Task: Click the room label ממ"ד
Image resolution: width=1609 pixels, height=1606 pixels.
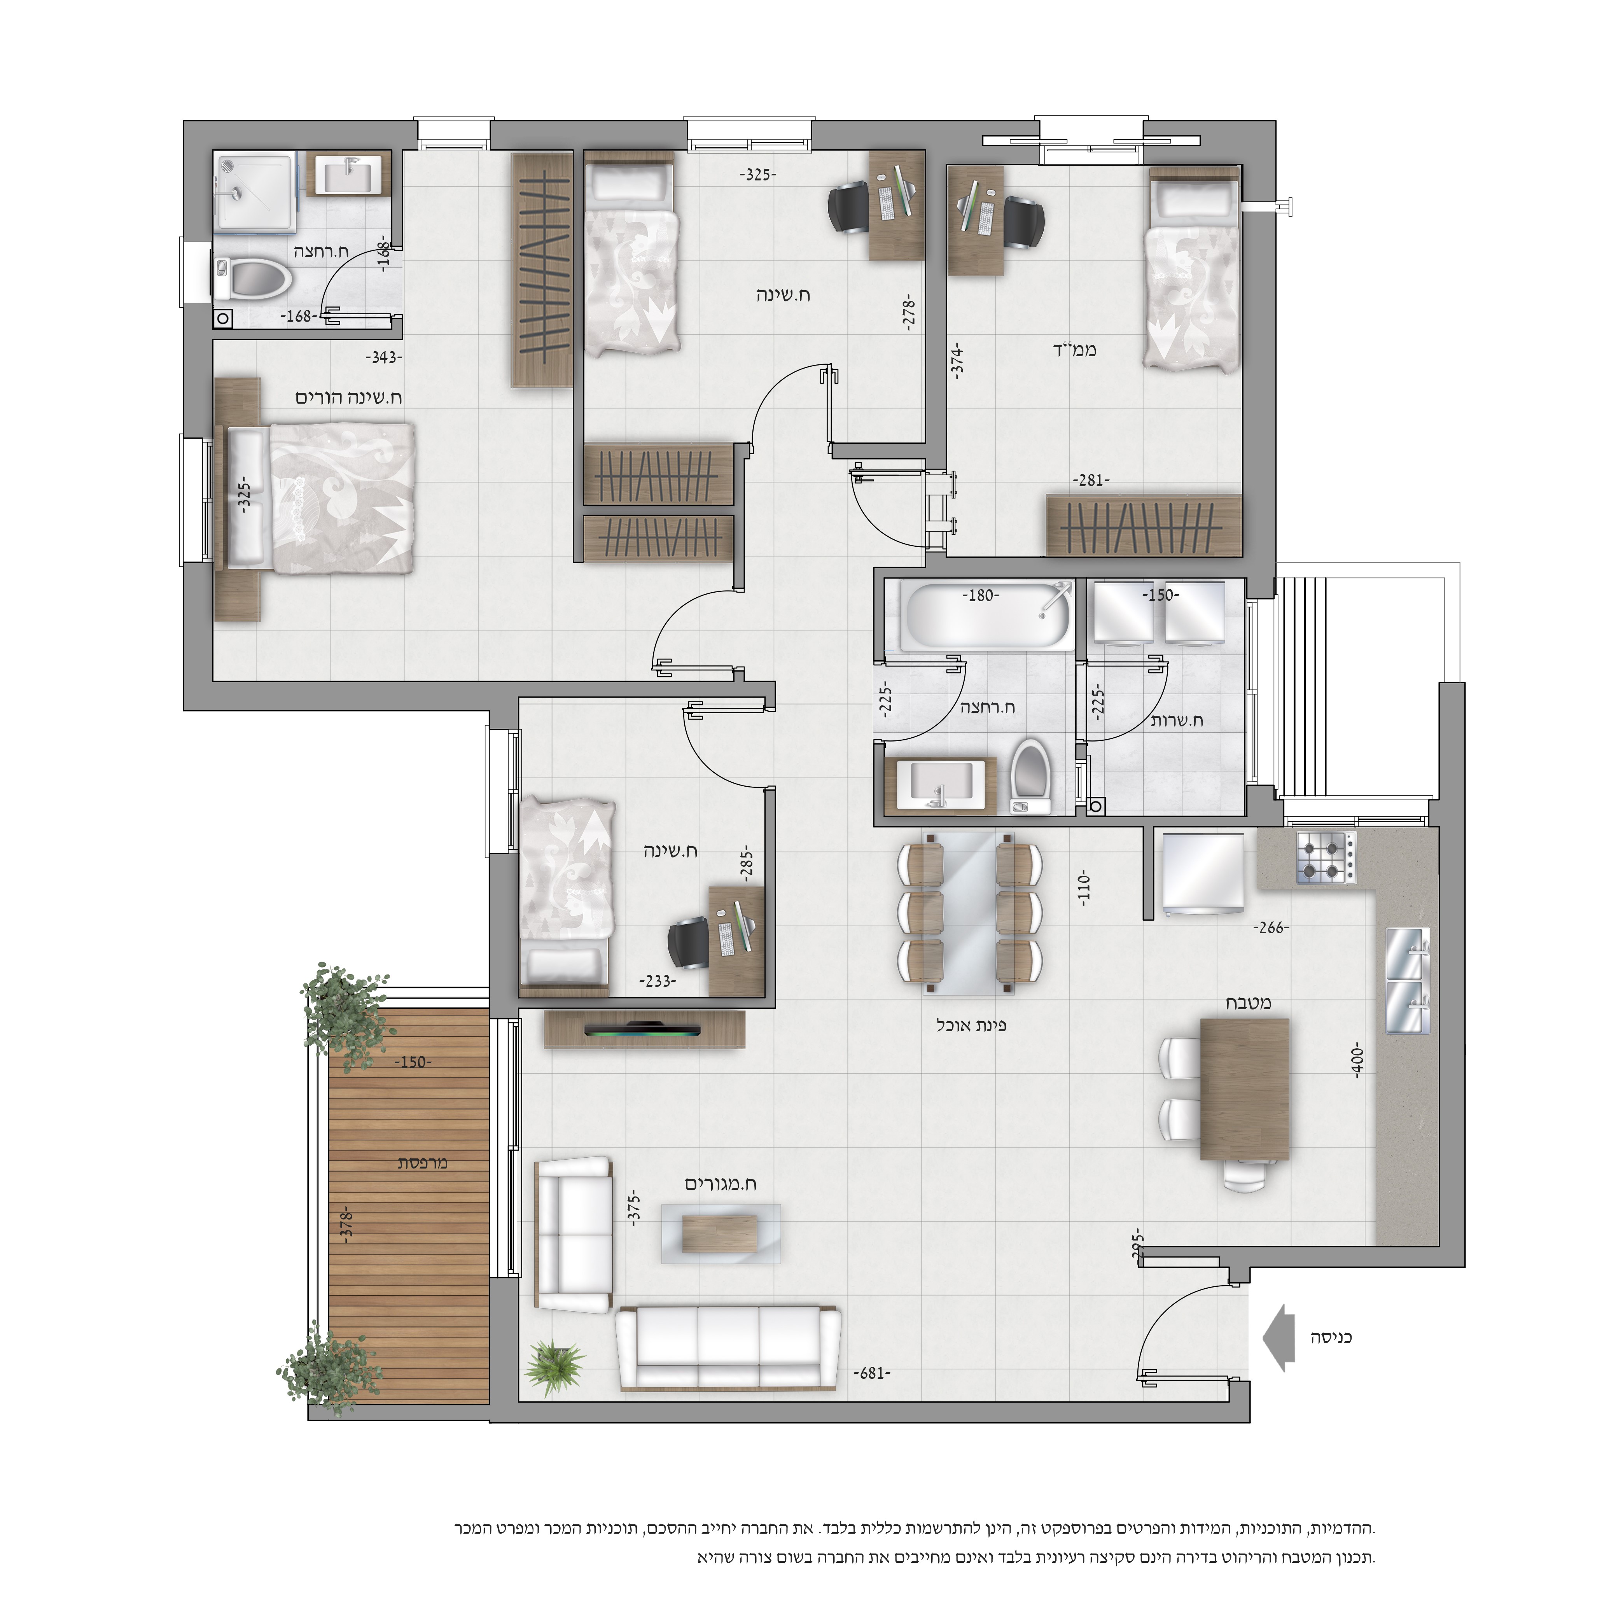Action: (1074, 350)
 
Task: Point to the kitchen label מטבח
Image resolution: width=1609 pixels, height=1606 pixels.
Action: (1247, 1004)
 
